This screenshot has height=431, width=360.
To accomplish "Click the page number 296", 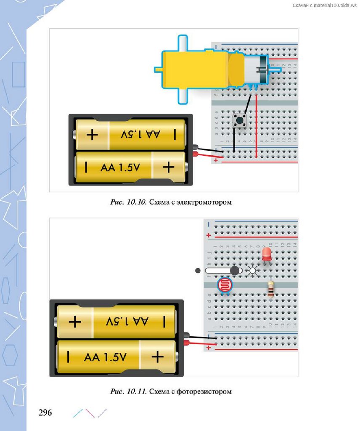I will [x=45, y=412].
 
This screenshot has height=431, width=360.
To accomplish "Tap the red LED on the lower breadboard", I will [x=266, y=254].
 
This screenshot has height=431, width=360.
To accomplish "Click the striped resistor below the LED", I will [x=270, y=290].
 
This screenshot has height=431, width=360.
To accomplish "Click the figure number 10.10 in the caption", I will [x=136, y=202].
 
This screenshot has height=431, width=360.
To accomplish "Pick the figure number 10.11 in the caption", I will [x=136, y=391].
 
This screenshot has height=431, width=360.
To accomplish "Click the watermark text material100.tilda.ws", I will [x=332, y=5].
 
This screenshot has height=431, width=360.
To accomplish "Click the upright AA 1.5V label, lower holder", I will [x=120, y=168].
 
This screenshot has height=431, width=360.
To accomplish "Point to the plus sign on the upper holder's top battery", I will [x=92, y=135].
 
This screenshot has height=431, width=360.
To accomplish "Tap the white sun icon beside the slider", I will [x=253, y=271].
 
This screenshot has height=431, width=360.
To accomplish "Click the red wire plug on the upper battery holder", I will [x=196, y=154].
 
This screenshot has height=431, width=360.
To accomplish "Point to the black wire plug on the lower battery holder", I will [x=187, y=335].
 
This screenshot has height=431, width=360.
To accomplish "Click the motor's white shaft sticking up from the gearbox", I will [x=183, y=43].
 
